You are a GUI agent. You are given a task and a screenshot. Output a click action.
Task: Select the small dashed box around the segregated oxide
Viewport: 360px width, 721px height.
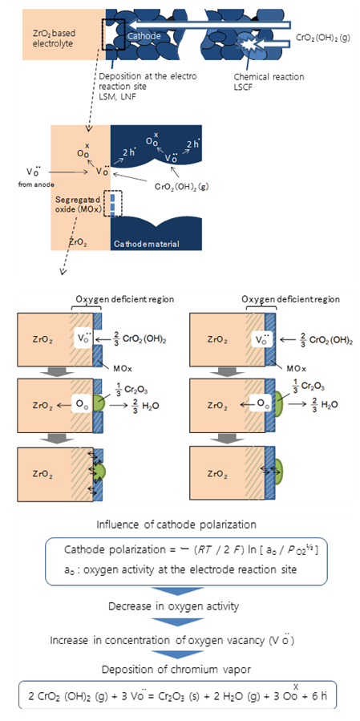114,203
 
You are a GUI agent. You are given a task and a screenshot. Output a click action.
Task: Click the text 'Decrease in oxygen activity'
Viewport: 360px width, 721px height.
173,606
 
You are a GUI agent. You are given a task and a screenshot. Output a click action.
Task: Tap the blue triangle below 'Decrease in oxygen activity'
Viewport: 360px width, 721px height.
180,622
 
